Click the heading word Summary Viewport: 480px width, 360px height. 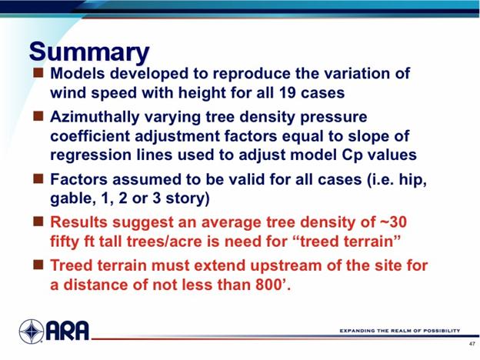pos(89,52)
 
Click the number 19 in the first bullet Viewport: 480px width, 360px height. pos(287,92)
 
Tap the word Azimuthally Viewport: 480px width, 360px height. pos(95,118)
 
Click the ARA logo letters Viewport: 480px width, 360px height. pos(68,331)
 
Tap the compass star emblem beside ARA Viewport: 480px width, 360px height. pos(32,332)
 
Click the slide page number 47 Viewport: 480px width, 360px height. pos(472,344)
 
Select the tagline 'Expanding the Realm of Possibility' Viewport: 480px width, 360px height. pos(400,331)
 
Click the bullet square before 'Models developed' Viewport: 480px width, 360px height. pos(38,73)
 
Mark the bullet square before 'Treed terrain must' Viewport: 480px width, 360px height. pos(38,265)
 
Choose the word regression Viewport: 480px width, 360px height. pos(91,155)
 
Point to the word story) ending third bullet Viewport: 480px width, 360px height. pos(188,199)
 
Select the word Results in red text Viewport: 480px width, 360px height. pos(78,222)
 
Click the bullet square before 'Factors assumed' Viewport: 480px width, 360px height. pos(38,178)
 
